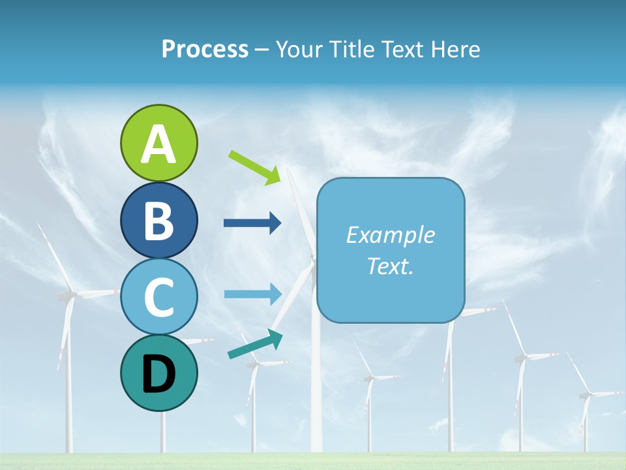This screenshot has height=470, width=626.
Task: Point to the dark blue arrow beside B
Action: pos(252,223)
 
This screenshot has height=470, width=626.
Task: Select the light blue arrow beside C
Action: pos(252,294)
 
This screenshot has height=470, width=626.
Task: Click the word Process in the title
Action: pos(205,50)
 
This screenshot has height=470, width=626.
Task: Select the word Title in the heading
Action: pos(351,50)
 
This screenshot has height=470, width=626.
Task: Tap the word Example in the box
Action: pos(391,235)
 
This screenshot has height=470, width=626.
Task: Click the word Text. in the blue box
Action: pos(391,266)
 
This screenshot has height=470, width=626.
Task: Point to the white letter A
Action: pos(158,144)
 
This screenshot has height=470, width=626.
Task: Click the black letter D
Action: pos(158,374)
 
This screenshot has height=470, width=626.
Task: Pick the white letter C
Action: pos(158,297)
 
